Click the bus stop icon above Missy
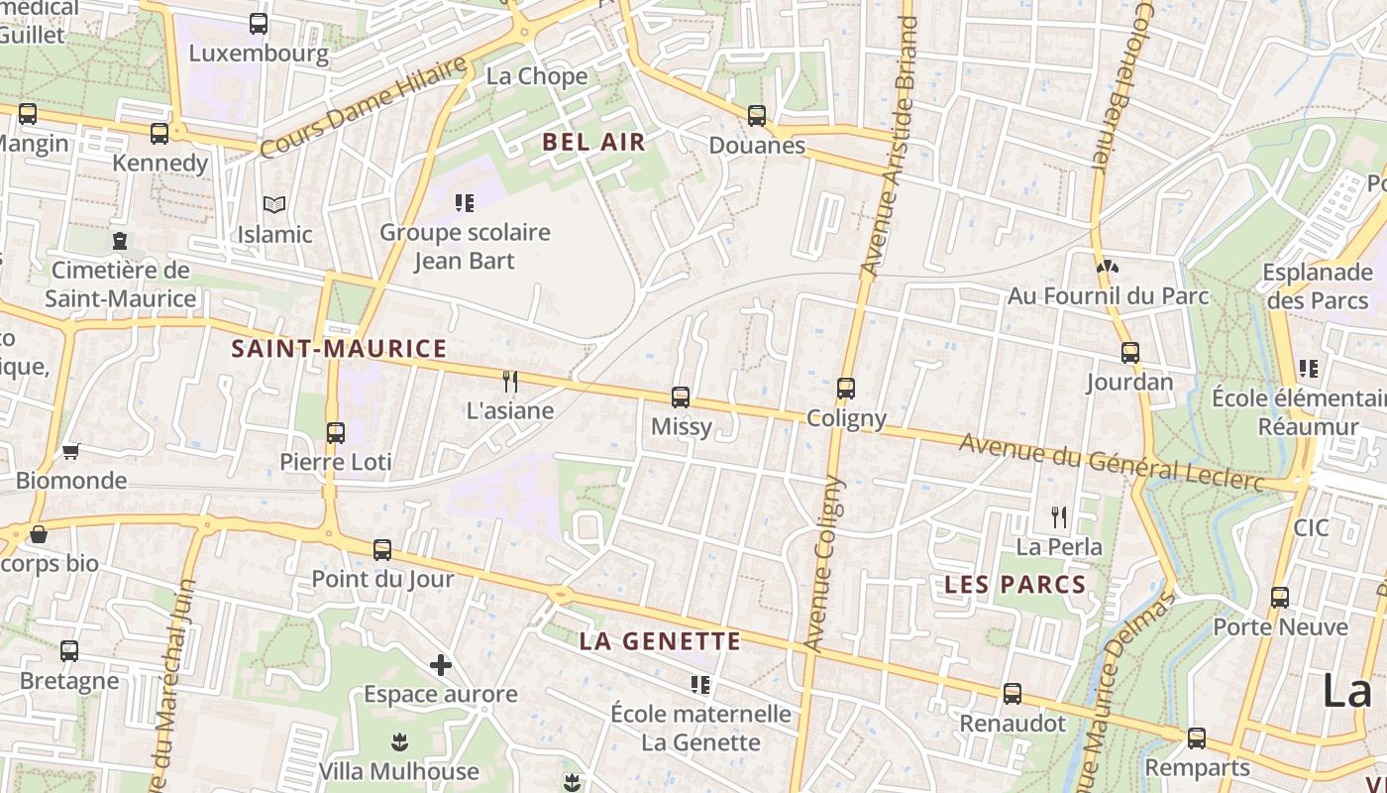pos(681,397)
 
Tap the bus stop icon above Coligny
pos(846,389)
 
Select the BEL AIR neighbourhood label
pos(594,142)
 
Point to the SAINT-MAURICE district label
pos(339,349)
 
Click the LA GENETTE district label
pos(660,641)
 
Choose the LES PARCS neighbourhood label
pos(1015,585)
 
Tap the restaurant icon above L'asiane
pos(510,381)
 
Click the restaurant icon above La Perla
pos(1059,516)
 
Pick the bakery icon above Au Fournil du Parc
pos(1108,266)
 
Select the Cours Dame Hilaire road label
pos(363,107)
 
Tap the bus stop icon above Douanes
pos(757,116)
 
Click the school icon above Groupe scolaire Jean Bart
pos(465,203)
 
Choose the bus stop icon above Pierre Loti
pos(336,432)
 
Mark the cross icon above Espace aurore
pos(441,664)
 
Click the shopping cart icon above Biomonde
pos(70,451)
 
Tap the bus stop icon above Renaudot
pos(1012,694)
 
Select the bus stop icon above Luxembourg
pos(259,24)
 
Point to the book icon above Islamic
pos(274,205)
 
